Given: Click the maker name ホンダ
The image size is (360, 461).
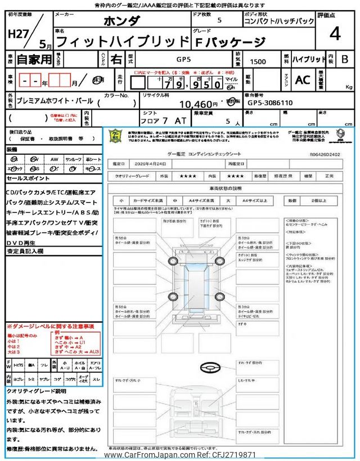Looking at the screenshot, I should [x=121, y=22].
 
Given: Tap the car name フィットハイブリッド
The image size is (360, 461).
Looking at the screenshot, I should [x=124, y=41].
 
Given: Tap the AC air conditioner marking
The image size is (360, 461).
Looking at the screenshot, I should [x=303, y=80].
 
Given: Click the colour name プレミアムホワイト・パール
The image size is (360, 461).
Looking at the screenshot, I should [x=55, y=104].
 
